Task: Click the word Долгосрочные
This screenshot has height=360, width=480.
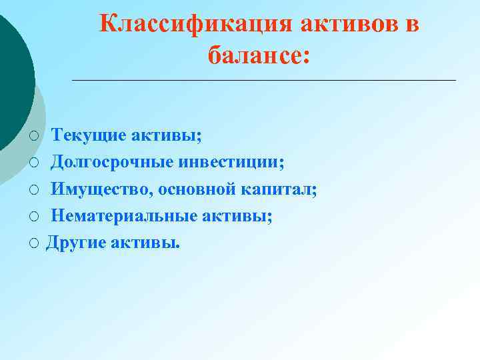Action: click(x=110, y=163)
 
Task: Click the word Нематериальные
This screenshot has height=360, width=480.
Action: click(x=125, y=216)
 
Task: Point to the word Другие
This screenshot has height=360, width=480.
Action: click(x=73, y=243)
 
